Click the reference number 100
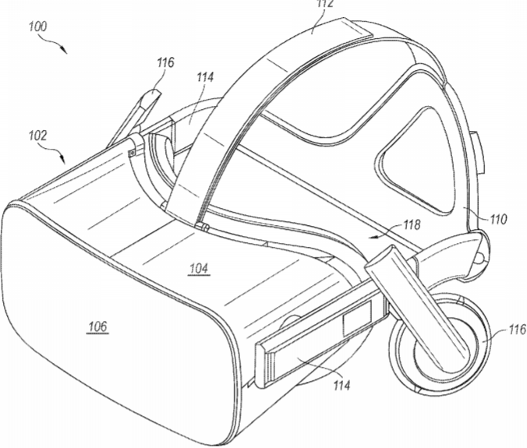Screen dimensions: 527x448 click(x=38, y=26)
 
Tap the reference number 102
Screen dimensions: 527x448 click(x=37, y=136)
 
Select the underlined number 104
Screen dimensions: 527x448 click(x=199, y=268)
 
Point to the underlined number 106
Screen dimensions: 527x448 click(x=97, y=326)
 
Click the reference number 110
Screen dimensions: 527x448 click(x=497, y=219)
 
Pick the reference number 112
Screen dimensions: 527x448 click(x=325, y=3)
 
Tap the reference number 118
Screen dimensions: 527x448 click(x=412, y=224)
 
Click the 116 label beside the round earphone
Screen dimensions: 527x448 click(x=517, y=330)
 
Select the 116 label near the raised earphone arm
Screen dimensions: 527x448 click(x=165, y=62)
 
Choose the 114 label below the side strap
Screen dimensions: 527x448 click(x=341, y=385)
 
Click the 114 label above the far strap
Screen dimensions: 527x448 click(x=205, y=77)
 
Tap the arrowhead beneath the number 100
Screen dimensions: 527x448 click(x=64, y=51)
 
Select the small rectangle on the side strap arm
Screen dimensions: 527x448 click(x=357, y=317)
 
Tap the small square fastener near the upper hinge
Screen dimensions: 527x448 click(x=132, y=153)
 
